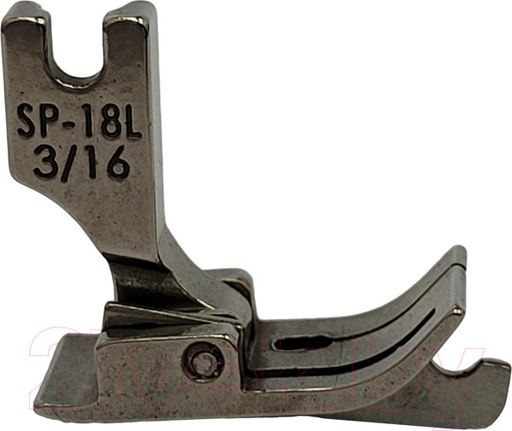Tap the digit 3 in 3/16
click(x=46, y=161)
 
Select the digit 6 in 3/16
click(x=118, y=162)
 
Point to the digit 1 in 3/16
click(x=94, y=162)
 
